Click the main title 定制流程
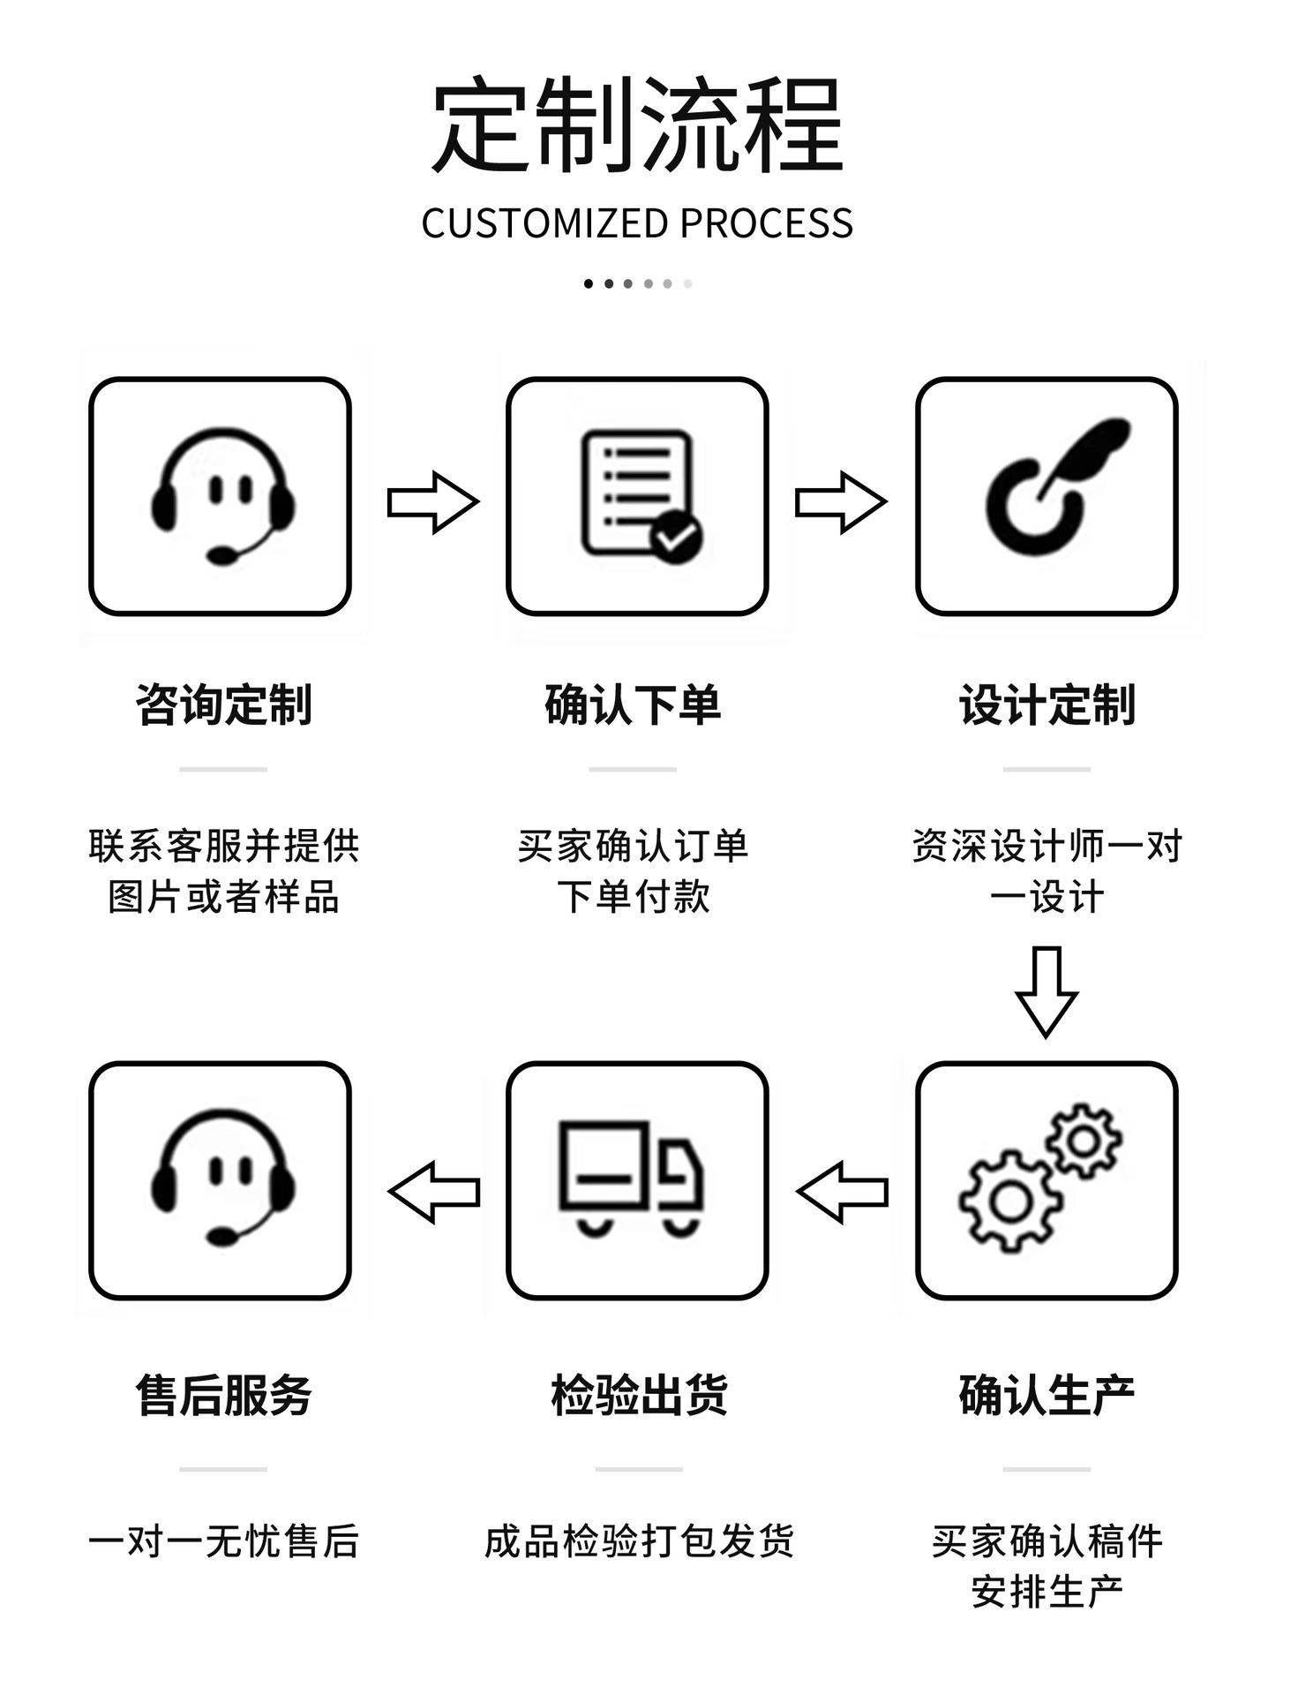(x=637, y=125)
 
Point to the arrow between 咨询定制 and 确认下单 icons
(x=432, y=502)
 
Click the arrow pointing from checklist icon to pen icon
(x=840, y=502)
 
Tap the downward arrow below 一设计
(x=1047, y=991)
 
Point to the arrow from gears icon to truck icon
(x=842, y=1192)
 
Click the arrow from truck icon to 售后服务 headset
(x=434, y=1192)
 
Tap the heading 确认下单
(x=633, y=704)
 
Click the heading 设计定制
(x=1047, y=704)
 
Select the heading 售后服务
(x=223, y=1395)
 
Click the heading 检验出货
(x=639, y=1395)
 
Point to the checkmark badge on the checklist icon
(x=677, y=536)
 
